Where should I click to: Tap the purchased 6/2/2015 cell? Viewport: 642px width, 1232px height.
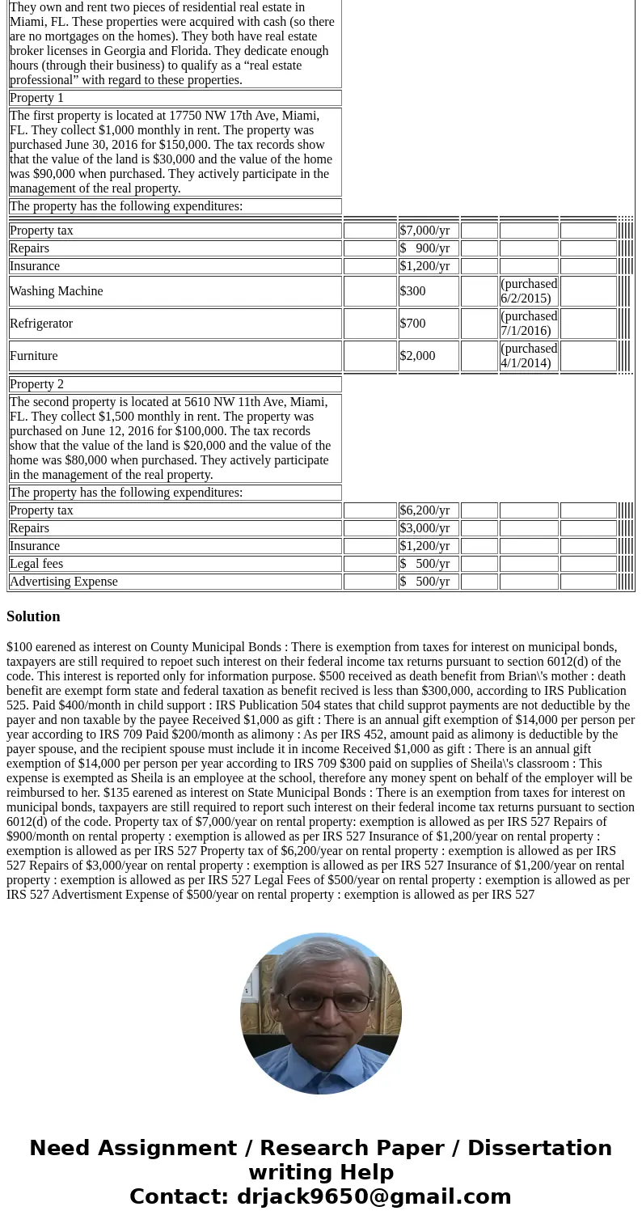(x=529, y=291)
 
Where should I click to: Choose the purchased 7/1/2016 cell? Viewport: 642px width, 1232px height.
(x=529, y=324)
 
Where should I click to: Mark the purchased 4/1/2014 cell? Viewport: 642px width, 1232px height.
(x=529, y=356)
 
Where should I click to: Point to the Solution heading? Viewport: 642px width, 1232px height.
(x=33, y=616)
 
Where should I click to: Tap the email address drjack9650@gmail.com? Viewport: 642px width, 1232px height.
(x=374, y=1197)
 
